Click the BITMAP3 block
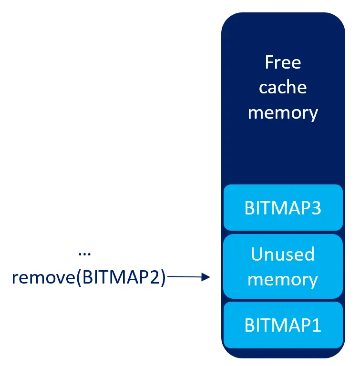(x=283, y=208)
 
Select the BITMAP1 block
(x=283, y=325)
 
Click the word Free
(x=283, y=62)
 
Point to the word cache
(x=283, y=88)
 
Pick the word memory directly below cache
(x=283, y=112)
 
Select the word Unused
(x=283, y=254)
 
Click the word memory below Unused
(x=283, y=279)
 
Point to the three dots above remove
(x=84, y=254)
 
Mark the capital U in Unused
(x=257, y=254)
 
